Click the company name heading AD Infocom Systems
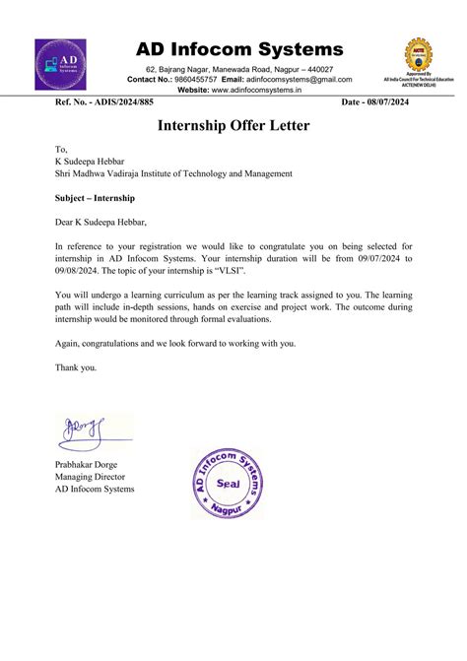click(239, 49)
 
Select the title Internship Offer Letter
click(233, 126)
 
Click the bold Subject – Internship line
click(95, 197)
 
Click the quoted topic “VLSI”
click(257, 270)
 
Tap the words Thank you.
click(76, 366)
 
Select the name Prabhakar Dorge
click(93, 465)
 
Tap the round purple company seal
click(228, 484)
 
